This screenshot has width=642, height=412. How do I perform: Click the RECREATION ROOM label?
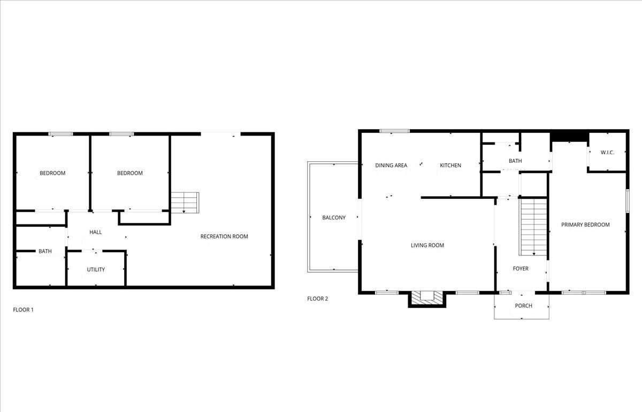(224, 236)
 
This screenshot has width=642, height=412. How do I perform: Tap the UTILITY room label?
(96, 269)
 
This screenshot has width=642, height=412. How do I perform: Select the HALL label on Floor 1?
(95, 232)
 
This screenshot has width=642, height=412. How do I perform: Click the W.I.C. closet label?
(607, 153)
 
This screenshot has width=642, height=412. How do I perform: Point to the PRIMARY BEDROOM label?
(585, 224)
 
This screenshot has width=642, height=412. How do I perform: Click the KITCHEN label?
(450, 166)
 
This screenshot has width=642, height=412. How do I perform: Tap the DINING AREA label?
(391, 166)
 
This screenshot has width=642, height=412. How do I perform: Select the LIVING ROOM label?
(427, 245)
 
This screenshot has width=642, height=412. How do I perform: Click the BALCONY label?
(334, 218)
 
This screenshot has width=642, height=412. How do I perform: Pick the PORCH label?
(523, 306)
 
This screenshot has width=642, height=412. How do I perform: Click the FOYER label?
(521, 268)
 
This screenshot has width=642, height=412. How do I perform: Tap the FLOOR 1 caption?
(23, 310)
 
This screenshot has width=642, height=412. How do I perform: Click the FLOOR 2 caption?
(318, 298)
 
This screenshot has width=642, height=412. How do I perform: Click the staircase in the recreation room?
(185, 203)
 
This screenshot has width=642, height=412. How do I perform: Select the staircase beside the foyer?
(533, 227)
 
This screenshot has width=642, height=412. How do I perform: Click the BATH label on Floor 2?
(515, 161)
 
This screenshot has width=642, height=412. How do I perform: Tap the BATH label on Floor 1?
(45, 251)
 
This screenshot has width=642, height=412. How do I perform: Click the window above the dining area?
(394, 131)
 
